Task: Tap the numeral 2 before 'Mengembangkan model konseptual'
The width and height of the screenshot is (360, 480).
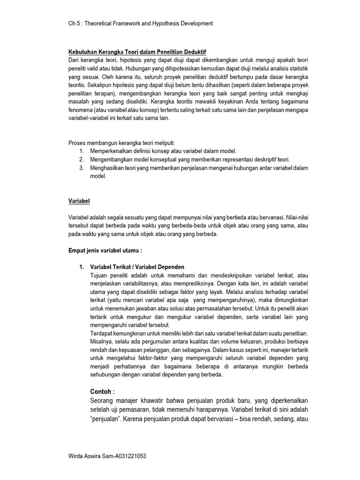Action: click(81, 159)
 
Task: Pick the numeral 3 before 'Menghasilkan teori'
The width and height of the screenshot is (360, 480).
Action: click(81, 168)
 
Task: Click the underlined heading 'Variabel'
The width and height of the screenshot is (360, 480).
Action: click(79, 201)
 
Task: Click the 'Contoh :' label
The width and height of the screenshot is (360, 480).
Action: click(102, 392)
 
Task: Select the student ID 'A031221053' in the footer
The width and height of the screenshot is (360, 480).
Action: click(128, 456)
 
